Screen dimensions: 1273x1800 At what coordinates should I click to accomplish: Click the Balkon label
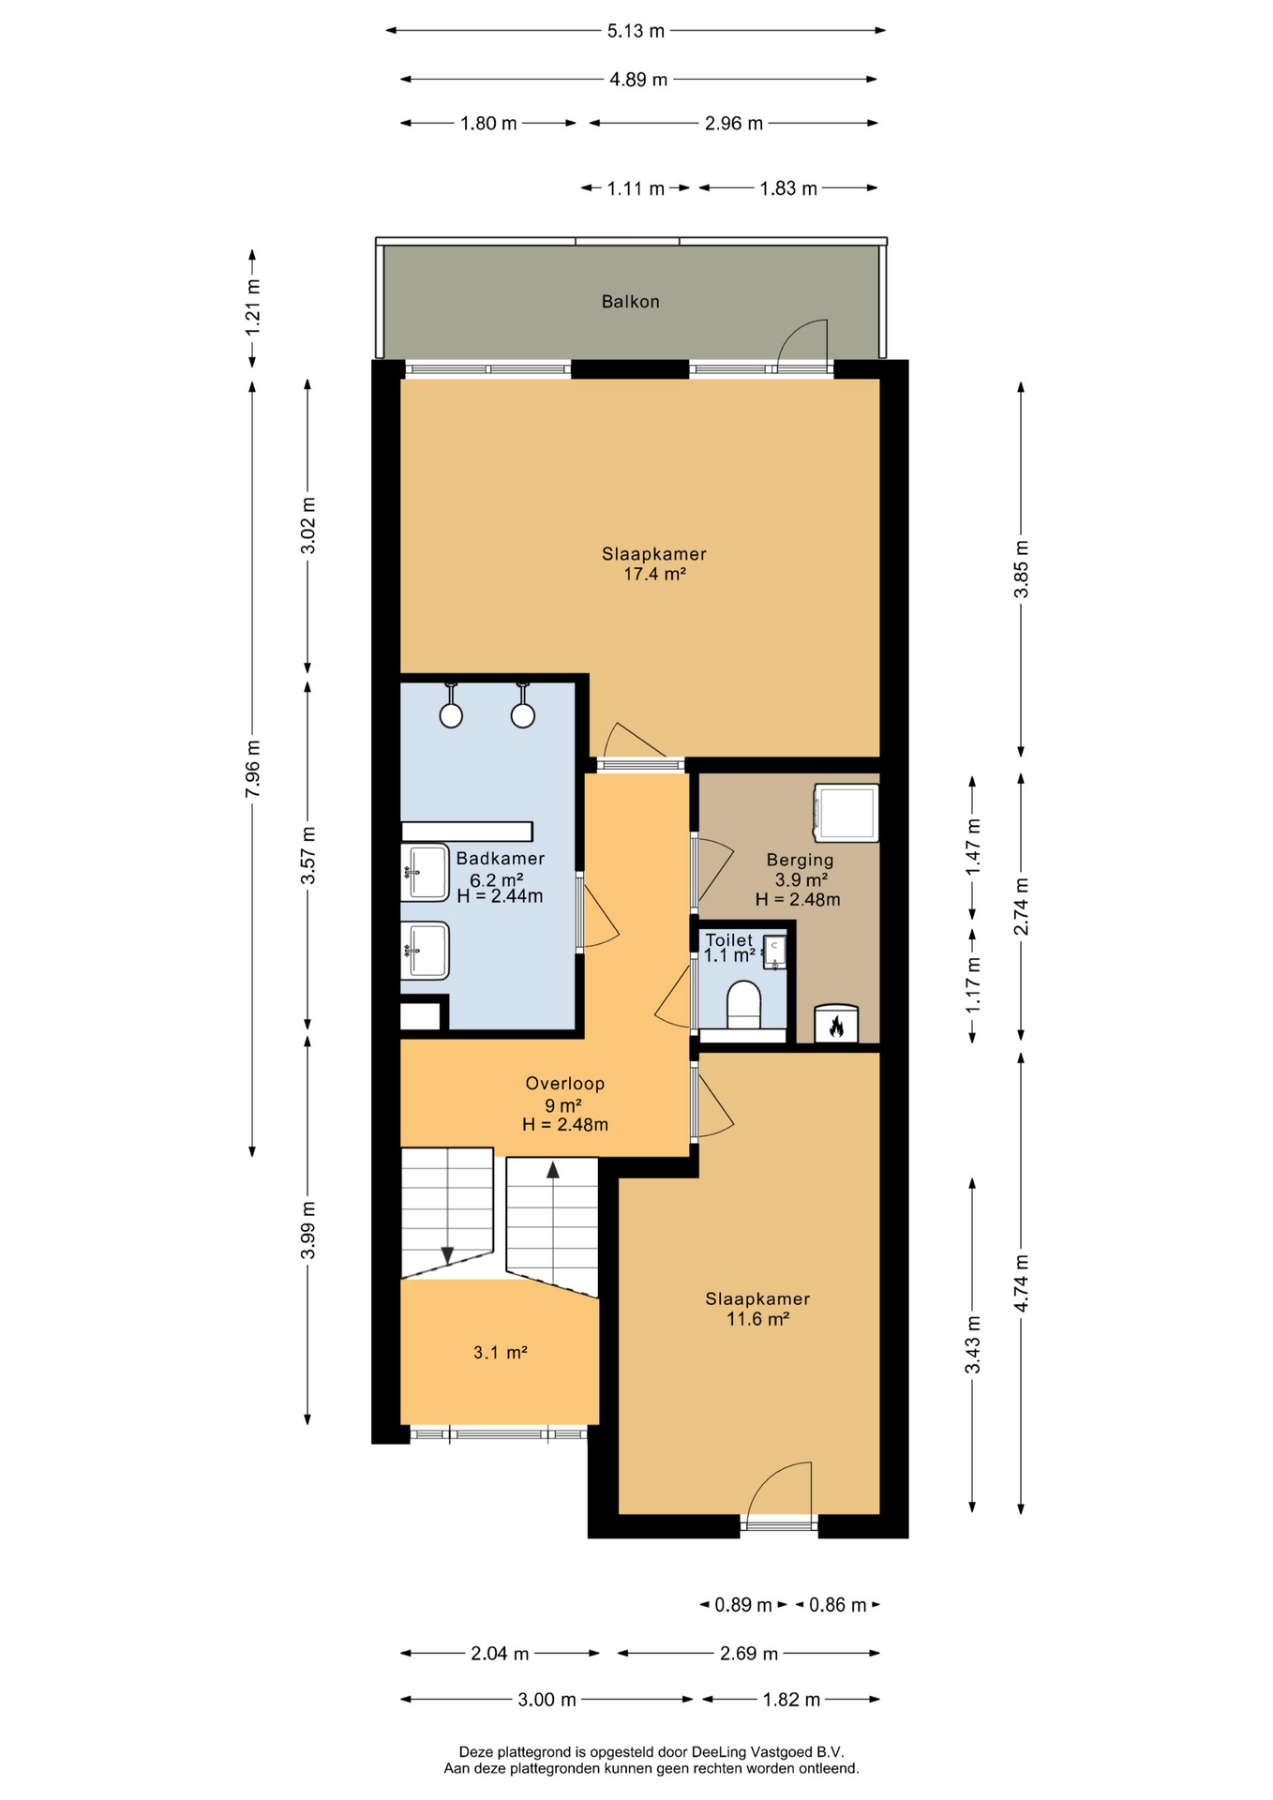(x=630, y=302)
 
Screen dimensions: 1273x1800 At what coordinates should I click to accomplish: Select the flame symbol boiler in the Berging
(x=836, y=1024)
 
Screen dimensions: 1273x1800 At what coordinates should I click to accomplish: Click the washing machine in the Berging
(x=846, y=812)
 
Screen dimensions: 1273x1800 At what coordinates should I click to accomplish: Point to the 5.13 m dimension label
(x=636, y=31)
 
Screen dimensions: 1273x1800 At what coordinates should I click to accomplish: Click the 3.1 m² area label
(x=500, y=1353)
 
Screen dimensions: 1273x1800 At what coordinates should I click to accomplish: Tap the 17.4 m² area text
(x=654, y=574)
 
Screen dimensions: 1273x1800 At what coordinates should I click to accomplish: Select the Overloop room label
(x=564, y=1084)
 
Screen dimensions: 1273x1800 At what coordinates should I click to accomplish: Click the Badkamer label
(x=500, y=859)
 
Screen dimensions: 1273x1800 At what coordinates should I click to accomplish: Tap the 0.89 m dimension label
(x=743, y=1605)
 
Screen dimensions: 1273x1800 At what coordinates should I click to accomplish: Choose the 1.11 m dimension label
(x=636, y=188)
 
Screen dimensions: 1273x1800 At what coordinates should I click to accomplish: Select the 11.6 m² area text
(x=757, y=1319)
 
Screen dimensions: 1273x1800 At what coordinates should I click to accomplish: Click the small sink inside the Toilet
(x=774, y=952)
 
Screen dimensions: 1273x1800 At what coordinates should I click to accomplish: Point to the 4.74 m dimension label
(x=1022, y=1282)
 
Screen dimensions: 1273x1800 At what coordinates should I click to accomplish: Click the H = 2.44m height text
(x=500, y=896)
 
